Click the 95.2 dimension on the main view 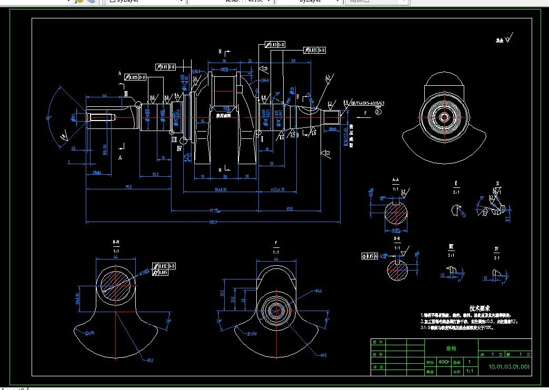128,186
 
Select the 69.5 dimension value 290,209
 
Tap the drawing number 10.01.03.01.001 509,366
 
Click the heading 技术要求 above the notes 480,307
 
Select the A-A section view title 396,181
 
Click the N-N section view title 116,243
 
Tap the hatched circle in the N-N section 115,284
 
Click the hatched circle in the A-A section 396,214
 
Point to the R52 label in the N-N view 150,360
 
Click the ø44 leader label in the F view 319,291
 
